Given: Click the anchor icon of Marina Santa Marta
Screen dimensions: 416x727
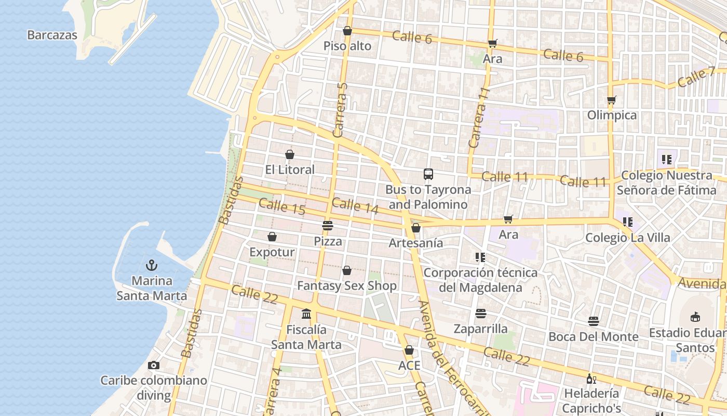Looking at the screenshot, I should coord(151,266).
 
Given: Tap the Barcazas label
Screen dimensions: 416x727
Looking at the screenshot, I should coord(52,35).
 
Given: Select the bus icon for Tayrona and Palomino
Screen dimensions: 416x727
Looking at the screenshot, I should coord(428,174).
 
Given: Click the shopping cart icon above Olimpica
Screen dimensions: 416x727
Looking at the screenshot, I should coord(612,100).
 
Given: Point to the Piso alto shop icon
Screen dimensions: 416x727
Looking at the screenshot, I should coord(347,31).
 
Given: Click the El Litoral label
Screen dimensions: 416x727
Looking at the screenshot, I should coord(290,170).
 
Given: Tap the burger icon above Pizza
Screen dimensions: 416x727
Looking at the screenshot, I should coord(328,226).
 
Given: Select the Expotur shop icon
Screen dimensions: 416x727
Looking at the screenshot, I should coord(272,237).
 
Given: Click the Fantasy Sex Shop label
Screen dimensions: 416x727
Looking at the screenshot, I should coord(346,285).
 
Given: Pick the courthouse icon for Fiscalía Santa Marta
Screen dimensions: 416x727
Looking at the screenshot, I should coord(306,314).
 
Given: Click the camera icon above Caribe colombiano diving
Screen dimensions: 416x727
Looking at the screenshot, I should coord(154,365).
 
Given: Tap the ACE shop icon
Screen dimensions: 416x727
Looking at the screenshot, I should coord(409,350).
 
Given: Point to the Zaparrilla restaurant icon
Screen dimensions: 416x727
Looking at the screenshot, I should coord(481,314).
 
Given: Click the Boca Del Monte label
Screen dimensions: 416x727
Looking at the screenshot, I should coord(594,336).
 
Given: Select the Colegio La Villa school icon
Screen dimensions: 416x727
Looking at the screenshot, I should coord(628,222).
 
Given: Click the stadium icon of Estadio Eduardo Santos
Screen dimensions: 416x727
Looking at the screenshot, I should coord(695,317).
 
